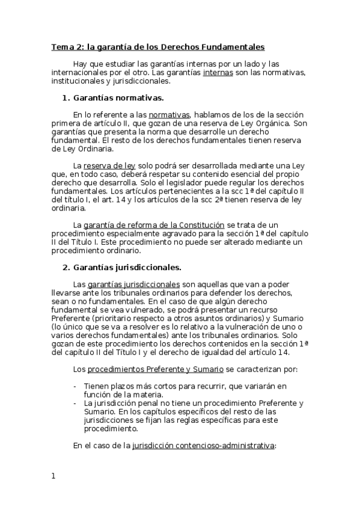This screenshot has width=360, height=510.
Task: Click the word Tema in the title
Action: [61, 46]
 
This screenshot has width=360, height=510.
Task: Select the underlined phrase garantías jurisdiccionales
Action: [133, 284]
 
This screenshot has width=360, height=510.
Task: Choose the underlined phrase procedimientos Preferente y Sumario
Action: [154, 368]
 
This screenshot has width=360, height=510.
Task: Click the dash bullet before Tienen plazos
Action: [75, 385]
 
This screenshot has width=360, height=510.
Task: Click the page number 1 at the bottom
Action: [53, 477]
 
